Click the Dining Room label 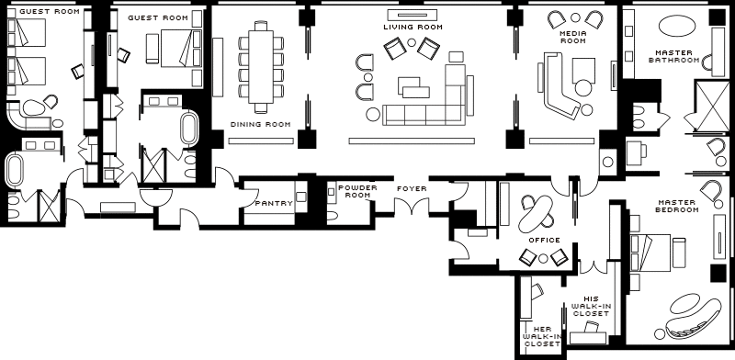click(260, 125)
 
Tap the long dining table click(261, 66)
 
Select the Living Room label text click(413, 28)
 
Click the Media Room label click(573, 37)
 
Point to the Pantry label click(274, 204)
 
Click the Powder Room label click(357, 191)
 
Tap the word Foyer click(412, 188)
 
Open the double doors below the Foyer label click(412, 207)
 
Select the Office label click(544, 240)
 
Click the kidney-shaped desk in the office click(536, 214)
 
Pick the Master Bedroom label click(678, 206)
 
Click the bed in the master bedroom click(650, 253)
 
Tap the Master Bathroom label click(674, 56)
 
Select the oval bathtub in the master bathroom click(677, 26)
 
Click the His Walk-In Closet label click(592, 306)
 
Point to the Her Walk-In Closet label click(543, 336)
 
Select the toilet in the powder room click(333, 215)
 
